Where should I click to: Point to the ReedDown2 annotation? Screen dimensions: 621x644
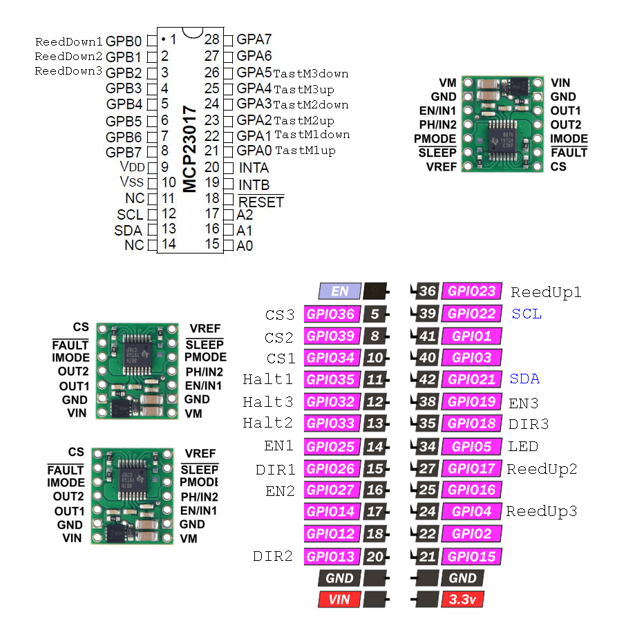coord(68,56)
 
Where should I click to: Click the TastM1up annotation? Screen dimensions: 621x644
coord(305,151)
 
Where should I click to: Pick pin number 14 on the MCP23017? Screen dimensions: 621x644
coord(168,245)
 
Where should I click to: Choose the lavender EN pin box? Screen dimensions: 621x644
coord(339,292)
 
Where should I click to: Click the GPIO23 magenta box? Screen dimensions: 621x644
coord(471,292)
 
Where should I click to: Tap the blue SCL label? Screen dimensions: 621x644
coord(527,314)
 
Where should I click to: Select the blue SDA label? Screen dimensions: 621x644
coord(524,379)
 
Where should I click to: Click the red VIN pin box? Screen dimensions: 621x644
coord(339,600)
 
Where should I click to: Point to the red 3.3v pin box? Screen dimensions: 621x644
coord(462,600)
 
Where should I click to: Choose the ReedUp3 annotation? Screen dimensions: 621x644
coord(541,511)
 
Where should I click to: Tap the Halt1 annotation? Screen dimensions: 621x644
coord(267,379)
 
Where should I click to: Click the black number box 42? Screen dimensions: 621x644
coord(427,379)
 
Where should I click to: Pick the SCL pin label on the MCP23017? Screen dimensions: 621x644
coord(130,214)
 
